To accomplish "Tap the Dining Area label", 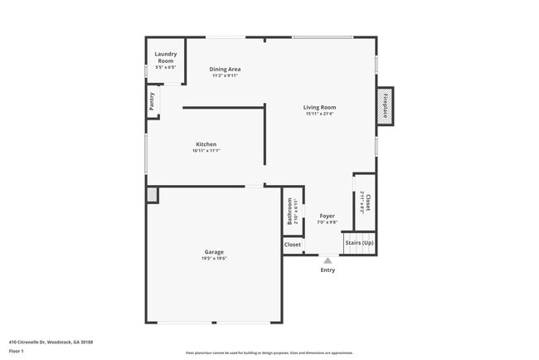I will click(x=225, y=69).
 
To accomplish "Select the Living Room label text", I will click(x=319, y=107).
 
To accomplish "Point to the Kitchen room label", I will click(x=206, y=144).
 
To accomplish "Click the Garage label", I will click(x=214, y=251).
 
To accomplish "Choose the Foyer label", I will click(x=327, y=216).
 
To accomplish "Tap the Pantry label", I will click(x=152, y=101).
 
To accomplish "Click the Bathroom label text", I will click(x=290, y=210).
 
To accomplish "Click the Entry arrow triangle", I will click(x=328, y=260).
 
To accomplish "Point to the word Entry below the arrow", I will click(x=328, y=270).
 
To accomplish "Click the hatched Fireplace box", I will click(x=385, y=105).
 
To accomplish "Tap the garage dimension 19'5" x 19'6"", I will click(x=214, y=259).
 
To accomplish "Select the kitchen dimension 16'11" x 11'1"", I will click(x=206, y=151).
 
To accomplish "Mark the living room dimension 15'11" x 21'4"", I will click(x=319, y=114).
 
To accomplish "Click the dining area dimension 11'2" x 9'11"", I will click(x=225, y=75).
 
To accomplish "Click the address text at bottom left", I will click(x=51, y=341).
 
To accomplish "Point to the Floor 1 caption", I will click(x=17, y=351).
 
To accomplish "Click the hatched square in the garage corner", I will click(x=152, y=194).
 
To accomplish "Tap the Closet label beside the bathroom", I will click(x=293, y=245).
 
